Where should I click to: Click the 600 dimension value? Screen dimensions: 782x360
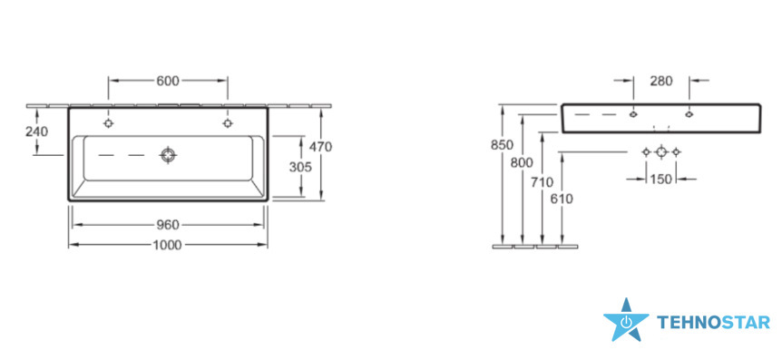pyautogui.click(x=168, y=82)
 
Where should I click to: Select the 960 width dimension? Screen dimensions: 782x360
pyautogui.click(x=168, y=226)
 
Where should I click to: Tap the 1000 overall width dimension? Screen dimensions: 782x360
pyautogui.click(x=167, y=245)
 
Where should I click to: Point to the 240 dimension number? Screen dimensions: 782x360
pyautogui.click(x=37, y=131)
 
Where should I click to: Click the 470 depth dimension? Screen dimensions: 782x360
pyautogui.click(x=320, y=147)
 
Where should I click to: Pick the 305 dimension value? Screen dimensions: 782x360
pyautogui.click(x=300, y=167)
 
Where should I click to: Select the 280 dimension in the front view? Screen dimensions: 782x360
pyautogui.click(x=661, y=81)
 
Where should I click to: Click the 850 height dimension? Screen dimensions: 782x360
pyautogui.click(x=503, y=146)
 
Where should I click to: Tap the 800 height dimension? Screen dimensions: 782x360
pyautogui.click(x=522, y=162)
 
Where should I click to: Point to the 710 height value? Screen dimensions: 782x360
pyautogui.click(x=543, y=182)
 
